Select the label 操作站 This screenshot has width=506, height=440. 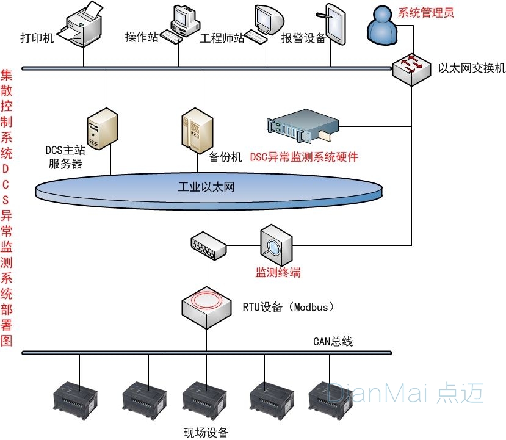coord(142,37)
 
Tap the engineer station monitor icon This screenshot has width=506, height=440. coord(267,24)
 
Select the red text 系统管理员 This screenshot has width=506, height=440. coord(425,12)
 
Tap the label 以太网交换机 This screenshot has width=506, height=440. coord(472,68)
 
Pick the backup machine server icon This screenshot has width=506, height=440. coord(197,130)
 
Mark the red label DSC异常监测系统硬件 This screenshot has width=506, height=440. coord(304,157)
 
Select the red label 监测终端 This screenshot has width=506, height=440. coord(278,272)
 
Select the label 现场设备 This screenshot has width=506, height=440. coord(206,433)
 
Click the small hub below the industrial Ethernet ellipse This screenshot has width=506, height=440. coord(208,245)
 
